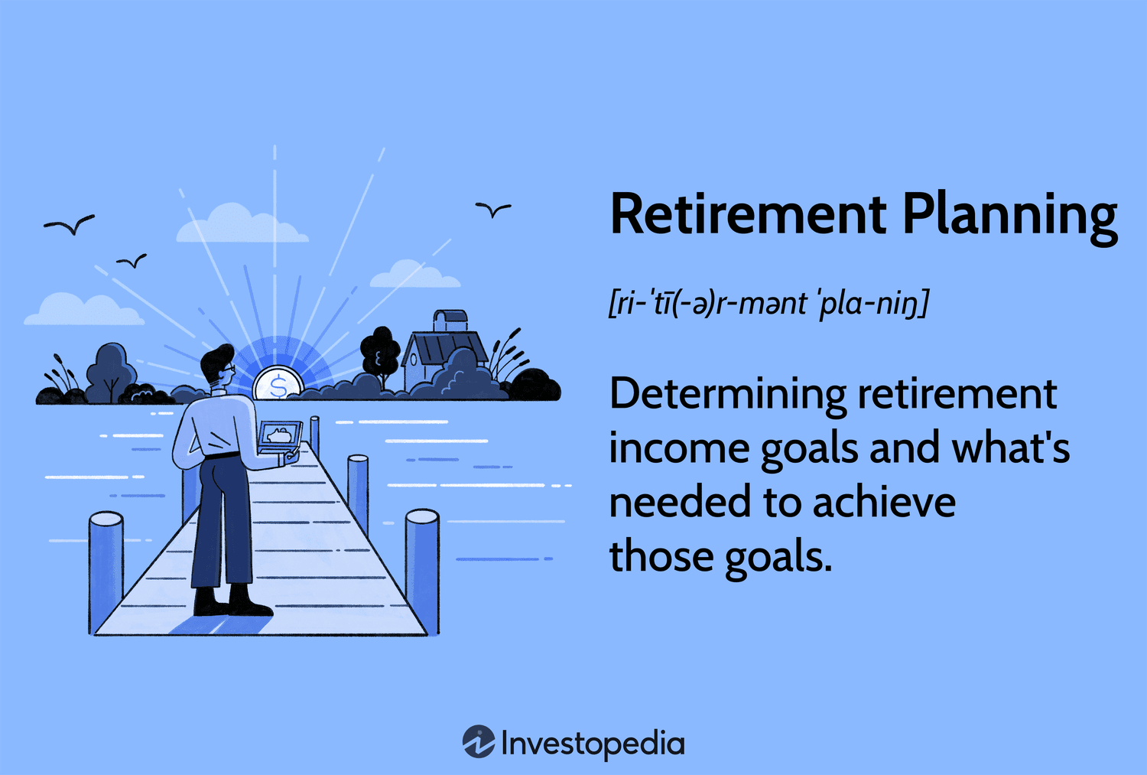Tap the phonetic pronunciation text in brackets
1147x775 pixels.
[768, 304]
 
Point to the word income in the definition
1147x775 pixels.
[678, 449]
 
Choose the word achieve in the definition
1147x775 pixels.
[884, 503]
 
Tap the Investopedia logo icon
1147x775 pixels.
[479, 741]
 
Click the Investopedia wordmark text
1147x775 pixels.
[593, 744]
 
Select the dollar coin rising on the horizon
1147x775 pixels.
[278, 385]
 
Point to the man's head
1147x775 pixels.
[218, 367]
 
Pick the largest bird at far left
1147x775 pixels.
[70, 224]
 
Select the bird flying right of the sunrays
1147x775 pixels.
[493, 209]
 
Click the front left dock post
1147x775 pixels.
[106, 570]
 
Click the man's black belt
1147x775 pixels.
[223, 456]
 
